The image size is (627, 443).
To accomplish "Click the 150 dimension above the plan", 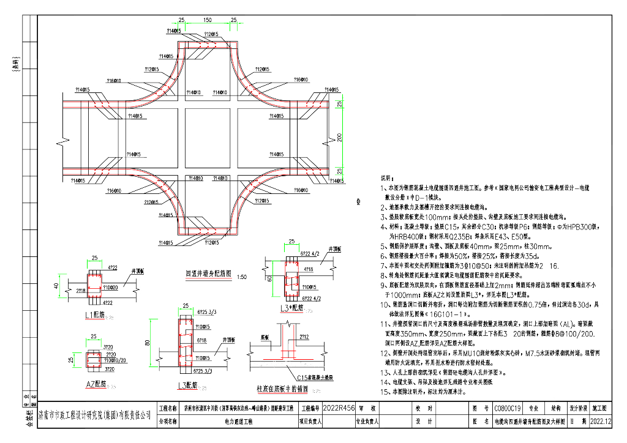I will point(209,20).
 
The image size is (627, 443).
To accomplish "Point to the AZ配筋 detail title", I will point(96,384).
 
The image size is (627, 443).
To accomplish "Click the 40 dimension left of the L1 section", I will point(56,286).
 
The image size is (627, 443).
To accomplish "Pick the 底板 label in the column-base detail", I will point(265,337).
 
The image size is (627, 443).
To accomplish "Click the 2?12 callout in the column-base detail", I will point(304,337).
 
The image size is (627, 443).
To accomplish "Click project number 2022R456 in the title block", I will point(339,406).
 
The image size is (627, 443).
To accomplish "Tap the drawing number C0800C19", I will point(507,406).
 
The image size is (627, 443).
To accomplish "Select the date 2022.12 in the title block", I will point(601,421).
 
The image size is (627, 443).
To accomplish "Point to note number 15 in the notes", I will point(385,390).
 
